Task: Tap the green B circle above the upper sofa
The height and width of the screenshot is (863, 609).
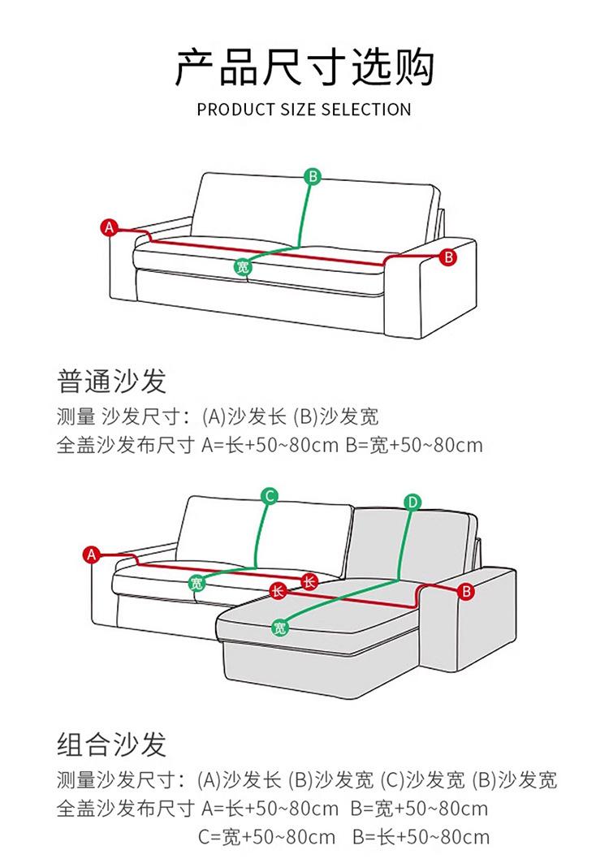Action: click(x=313, y=176)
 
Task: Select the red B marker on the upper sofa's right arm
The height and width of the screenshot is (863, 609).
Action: click(x=448, y=257)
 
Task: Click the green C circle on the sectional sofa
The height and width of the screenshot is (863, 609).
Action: click(x=270, y=495)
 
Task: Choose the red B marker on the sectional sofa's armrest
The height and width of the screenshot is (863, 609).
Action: click(x=465, y=591)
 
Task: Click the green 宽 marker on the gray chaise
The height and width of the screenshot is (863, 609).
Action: click(x=279, y=627)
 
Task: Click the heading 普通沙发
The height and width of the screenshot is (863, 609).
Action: click(x=112, y=380)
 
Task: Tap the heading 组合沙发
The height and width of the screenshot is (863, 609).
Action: click(x=112, y=744)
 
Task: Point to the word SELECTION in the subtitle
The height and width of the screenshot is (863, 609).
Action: click(x=366, y=109)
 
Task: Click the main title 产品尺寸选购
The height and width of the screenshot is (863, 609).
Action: click(x=304, y=67)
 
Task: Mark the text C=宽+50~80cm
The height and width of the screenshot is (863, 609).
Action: click(x=266, y=837)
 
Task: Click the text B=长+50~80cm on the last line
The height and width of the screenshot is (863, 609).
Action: click(x=421, y=837)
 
